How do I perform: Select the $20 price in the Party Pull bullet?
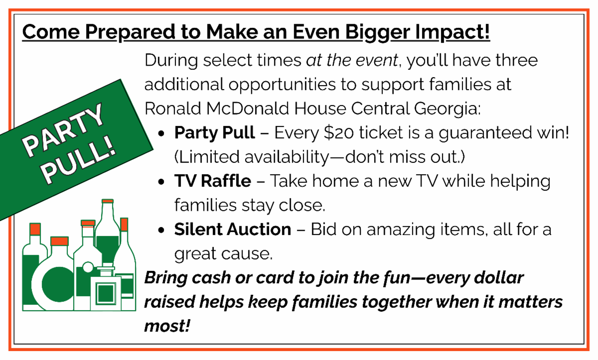point(339,133)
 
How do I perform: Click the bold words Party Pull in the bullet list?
point(215,132)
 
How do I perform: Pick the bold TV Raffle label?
point(213,181)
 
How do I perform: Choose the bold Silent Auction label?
point(233,230)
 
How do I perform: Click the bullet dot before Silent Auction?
point(161,230)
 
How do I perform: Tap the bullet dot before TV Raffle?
point(161,182)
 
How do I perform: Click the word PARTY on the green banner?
point(63,130)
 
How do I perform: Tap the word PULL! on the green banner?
point(79,161)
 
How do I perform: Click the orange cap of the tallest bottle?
point(108,201)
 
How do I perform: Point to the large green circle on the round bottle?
point(57,284)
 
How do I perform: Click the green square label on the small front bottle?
point(106,293)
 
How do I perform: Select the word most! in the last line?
point(167,326)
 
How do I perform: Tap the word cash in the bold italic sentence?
point(211,278)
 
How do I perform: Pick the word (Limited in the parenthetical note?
point(207,157)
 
